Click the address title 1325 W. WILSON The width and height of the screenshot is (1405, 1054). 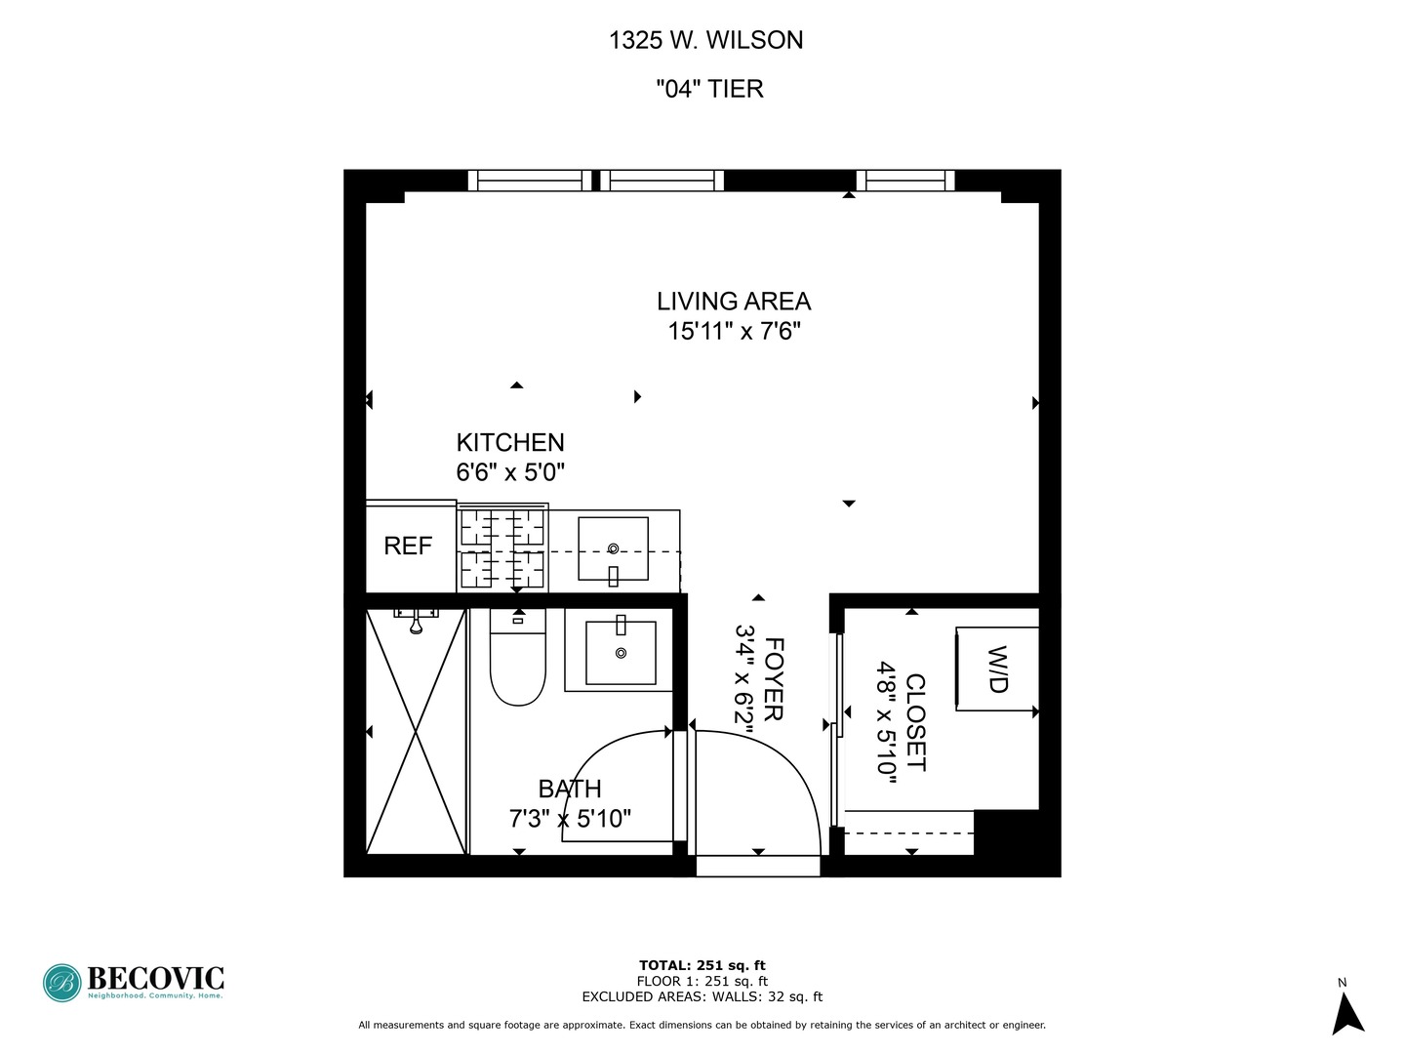click(705, 40)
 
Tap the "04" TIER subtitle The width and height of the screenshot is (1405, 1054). click(708, 89)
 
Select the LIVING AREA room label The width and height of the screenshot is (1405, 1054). click(733, 301)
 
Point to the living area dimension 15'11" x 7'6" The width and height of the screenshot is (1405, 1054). click(734, 332)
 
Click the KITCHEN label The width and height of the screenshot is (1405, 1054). click(510, 442)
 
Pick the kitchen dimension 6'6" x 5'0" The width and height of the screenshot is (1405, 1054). click(510, 472)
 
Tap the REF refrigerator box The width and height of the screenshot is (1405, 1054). click(408, 547)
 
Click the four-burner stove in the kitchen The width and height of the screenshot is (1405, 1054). click(502, 548)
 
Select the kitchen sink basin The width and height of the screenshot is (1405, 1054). click(613, 548)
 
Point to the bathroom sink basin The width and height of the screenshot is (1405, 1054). click(620, 652)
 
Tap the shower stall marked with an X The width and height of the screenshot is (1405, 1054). click(416, 730)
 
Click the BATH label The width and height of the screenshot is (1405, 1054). click(570, 789)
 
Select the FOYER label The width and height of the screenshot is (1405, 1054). click(774, 679)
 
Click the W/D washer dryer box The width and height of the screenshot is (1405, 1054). click(996, 669)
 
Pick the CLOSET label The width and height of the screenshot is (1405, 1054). click(915, 722)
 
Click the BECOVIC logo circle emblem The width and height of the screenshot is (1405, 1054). click(61, 983)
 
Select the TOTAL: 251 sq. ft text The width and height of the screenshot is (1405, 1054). click(702, 966)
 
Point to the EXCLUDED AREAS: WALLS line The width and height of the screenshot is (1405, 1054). click(702, 997)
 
